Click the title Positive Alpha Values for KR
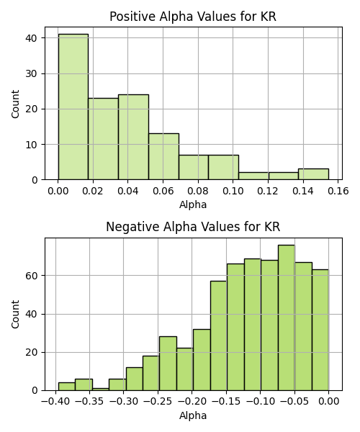[x=193, y=17]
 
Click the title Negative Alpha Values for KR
[x=193, y=227]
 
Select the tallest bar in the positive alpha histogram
[x=73, y=107]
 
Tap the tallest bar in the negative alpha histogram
[x=287, y=318]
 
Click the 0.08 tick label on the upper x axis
[x=198, y=191]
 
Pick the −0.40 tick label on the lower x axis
[x=55, y=401]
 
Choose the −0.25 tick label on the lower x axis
[x=158, y=401]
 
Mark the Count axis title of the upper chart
[x=15, y=104]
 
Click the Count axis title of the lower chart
[x=15, y=314]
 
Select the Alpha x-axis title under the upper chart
[x=193, y=204]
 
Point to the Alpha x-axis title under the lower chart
[x=193, y=415]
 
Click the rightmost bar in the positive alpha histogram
[x=313, y=174]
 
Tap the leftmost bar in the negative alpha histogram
[x=67, y=387]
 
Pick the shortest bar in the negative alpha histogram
[x=101, y=390]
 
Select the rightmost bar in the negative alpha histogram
[x=320, y=330]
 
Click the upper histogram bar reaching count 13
[x=164, y=156]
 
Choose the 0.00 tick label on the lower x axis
[x=328, y=401]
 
